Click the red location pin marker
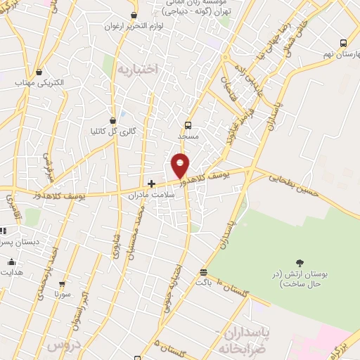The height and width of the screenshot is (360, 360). (181, 166)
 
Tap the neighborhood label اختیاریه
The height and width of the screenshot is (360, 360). (139, 69)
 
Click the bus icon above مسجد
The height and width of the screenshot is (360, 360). (188, 125)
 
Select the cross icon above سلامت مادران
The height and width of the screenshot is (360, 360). (151, 184)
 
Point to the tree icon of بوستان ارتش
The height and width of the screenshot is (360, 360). (301, 262)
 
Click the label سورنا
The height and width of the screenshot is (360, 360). (61, 296)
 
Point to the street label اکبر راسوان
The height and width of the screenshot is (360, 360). (82, 310)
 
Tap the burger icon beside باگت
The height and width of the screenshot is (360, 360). (204, 272)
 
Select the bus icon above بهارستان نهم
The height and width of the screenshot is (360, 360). (342, 42)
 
